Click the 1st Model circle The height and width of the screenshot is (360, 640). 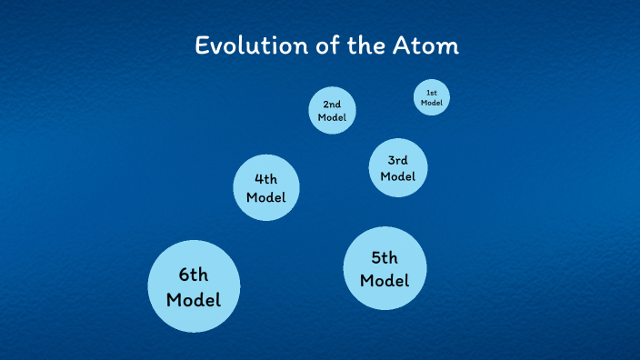point(432,98)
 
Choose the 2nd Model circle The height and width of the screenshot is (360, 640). point(332,111)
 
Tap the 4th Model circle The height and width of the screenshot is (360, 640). point(265,187)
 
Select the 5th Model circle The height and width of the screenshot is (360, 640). point(385,268)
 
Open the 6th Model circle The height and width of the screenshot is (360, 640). point(194,285)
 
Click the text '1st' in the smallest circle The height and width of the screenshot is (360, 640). point(432,93)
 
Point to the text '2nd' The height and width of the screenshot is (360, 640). point(332,105)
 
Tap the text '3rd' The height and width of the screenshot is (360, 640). point(397,160)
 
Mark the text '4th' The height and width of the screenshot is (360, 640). point(265,179)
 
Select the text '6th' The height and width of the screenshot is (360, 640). point(194,274)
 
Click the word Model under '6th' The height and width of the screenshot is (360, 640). point(194,298)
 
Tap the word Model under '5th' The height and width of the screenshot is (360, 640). point(385,280)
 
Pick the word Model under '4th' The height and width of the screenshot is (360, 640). point(265,197)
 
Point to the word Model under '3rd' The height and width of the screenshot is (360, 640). point(397,176)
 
